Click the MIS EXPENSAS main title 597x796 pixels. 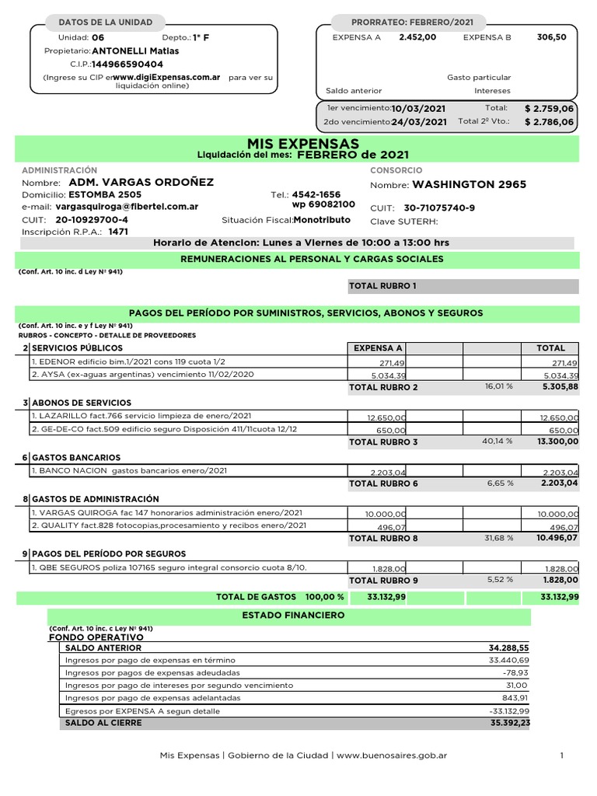[x=302, y=144]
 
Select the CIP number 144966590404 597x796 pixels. [x=127, y=65]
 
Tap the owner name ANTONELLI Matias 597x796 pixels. [x=135, y=51]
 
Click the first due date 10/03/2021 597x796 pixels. [x=419, y=109]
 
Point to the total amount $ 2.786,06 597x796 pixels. [x=549, y=122]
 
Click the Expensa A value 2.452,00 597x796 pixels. [x=417, y=37]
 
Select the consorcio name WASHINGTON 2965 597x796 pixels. [x=469, y=185]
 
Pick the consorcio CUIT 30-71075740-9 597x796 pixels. [x=439, y=208]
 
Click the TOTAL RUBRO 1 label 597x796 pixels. [x=382, y=287]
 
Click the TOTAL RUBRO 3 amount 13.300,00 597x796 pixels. [x=554, y=442]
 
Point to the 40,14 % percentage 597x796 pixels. [x=497, y=442]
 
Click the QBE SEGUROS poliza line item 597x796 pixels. [x=168, y=568]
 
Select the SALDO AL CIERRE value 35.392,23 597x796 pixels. [x=508, y=722]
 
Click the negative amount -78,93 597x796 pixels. [x=515, y=672]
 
